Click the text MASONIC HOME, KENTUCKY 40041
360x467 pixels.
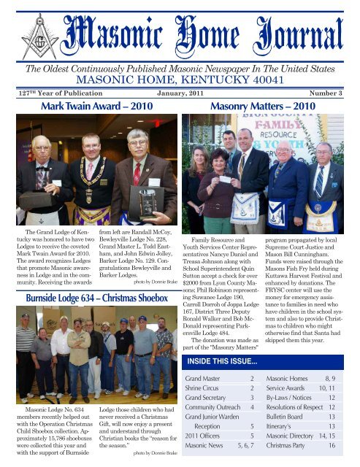point(180,77)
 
